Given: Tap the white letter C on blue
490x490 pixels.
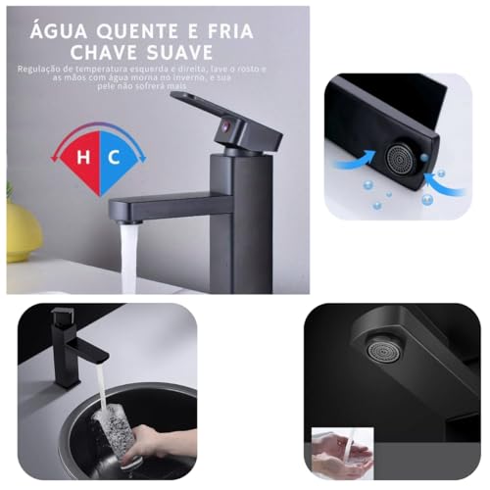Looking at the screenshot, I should coord(113,155).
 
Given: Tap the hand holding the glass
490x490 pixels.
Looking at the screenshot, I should coord(147,446).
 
